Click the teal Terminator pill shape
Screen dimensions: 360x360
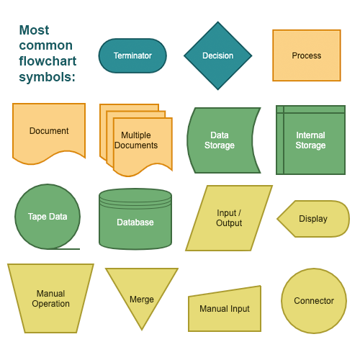[132, 55]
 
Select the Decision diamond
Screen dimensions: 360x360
[218, 55]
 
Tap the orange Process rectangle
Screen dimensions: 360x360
[306, 55]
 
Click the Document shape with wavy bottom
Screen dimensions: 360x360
[49, 131]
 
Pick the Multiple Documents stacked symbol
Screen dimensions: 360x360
[140, 141]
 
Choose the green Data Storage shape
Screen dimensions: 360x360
[222, 140]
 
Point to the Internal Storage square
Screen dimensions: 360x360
[310, 140]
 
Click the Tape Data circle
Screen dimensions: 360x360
[48, 217]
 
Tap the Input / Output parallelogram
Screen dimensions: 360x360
[229, 218]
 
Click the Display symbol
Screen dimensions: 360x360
[314, 219]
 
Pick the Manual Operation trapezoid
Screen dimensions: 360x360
[50, 298]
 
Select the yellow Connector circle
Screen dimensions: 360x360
[314, 301]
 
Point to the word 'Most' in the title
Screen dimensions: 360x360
[34, 30]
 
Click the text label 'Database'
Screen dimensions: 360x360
[135, 222]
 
